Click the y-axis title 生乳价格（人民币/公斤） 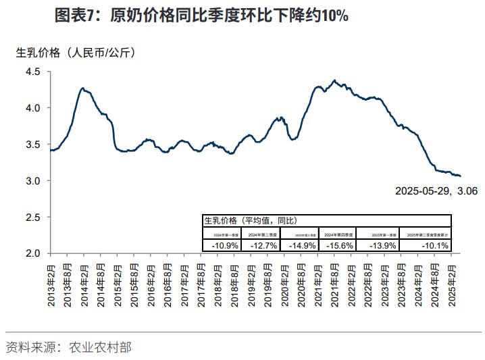point(76,53)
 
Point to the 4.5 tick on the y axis point(34,72)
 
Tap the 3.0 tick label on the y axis point(34,181)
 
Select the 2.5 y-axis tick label point(34,217)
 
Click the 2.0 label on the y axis point(34,254)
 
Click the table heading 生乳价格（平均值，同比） point(250,220)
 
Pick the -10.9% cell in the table point(224,245)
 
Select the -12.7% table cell point(263,245)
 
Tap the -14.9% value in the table point(301,245)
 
